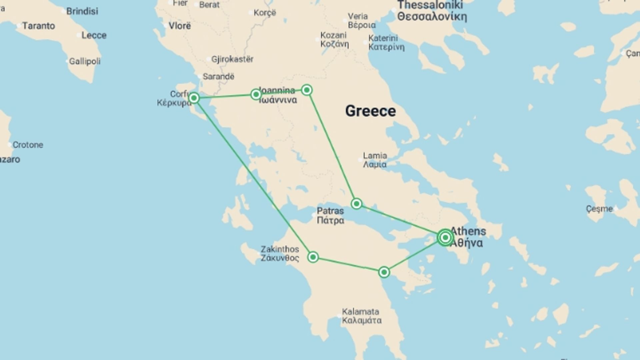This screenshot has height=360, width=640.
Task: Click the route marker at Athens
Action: click(445, 237)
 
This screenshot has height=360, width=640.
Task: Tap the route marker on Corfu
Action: click(194, 98)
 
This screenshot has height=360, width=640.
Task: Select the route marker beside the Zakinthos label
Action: click(313, 257)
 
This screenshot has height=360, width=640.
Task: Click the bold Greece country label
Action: click(370, 111)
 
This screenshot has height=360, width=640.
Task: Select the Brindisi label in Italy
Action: click(82, 11)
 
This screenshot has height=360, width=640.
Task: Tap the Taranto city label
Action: click(38, 26)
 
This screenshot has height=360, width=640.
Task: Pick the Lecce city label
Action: click(94, 35)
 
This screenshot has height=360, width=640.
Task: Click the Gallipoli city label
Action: click(85, 61)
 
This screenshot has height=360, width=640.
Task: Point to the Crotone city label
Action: click(28, 145)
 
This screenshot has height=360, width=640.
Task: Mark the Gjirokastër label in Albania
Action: click(232, 59)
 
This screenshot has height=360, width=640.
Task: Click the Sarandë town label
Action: click(218, 77)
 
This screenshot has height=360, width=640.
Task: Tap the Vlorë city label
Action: click(180, 26)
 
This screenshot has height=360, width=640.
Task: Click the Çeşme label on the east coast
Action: click(599, 209)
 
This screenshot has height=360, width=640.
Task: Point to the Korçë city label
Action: click(265, 13)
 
